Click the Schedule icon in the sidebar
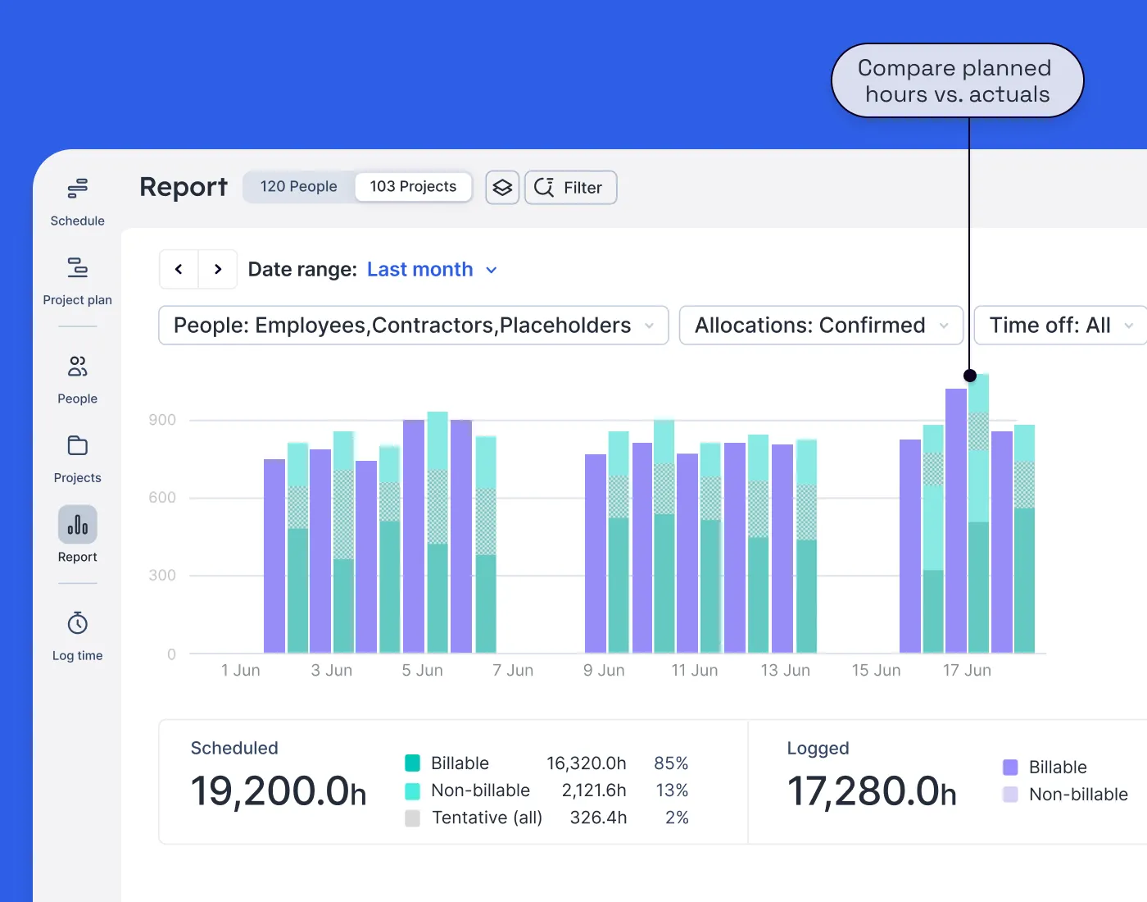click(x=77, y=189)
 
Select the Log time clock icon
click(x=77, y=624)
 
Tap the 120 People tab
click(x=298, y=187)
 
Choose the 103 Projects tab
click(x=413, y=187)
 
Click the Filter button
click(x=570, y=188)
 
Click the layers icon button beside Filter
click(x=502, y=188)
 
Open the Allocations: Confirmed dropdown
click(x=821, y=326)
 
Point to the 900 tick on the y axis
click(x=162, y=420)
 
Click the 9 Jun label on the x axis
click(x=604, y=671)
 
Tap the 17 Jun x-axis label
click(x=967, y=671)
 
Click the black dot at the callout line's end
click(x=970, y=376)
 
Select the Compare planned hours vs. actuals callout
click(x=957, y=81)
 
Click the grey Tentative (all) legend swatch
click(x=413, y=818)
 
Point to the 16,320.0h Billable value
click(x=586, y=763)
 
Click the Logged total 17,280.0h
click(x=871, y=792)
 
